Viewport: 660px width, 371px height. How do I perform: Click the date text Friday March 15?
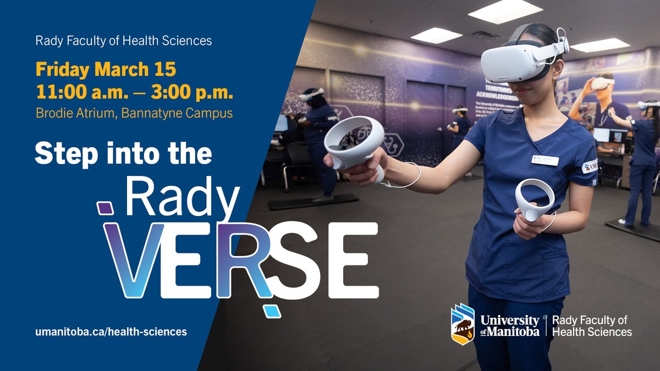(x=106, y=69)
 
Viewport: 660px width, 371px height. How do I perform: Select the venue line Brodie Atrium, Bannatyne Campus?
(x=134, y=113)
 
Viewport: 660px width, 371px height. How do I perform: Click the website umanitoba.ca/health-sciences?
(x=111, y=331)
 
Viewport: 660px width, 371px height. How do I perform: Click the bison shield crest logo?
(x=463, y=324)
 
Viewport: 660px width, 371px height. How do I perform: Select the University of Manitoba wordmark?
(x=510, y=326)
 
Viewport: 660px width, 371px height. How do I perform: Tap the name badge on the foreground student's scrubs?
(x=545, y=160)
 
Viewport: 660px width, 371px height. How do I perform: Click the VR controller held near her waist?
(x=534, y=200)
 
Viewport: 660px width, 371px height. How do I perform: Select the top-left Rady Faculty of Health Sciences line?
(x=124, y=41)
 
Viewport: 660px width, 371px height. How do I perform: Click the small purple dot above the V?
(x=105, y=208)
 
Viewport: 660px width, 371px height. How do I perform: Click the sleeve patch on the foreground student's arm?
(x=590, y=166)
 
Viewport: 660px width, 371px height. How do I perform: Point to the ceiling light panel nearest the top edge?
(x=505, y=11)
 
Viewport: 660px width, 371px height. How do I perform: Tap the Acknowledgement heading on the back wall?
(x=501, y=90)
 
